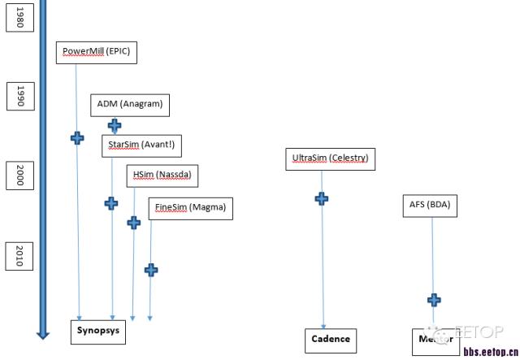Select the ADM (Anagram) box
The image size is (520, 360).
click(130, 104)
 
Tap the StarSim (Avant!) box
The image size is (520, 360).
click(141, 145)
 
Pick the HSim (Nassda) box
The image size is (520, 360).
click(163, 175)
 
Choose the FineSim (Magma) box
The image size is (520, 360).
click(190, 207)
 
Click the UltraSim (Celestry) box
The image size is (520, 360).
click(330, 158)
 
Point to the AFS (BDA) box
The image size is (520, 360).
click(429, 206)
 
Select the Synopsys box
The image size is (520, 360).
click(98, 332)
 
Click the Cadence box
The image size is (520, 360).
click(331, 339)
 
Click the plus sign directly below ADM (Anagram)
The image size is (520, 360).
click(115, 126)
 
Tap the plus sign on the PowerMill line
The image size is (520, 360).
click(77, 138)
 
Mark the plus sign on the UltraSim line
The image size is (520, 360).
click(322, 197)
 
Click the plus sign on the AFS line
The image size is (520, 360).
click(434, 300)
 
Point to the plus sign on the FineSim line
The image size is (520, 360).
click(150, 270)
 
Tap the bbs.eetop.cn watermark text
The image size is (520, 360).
click(490, 352)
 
